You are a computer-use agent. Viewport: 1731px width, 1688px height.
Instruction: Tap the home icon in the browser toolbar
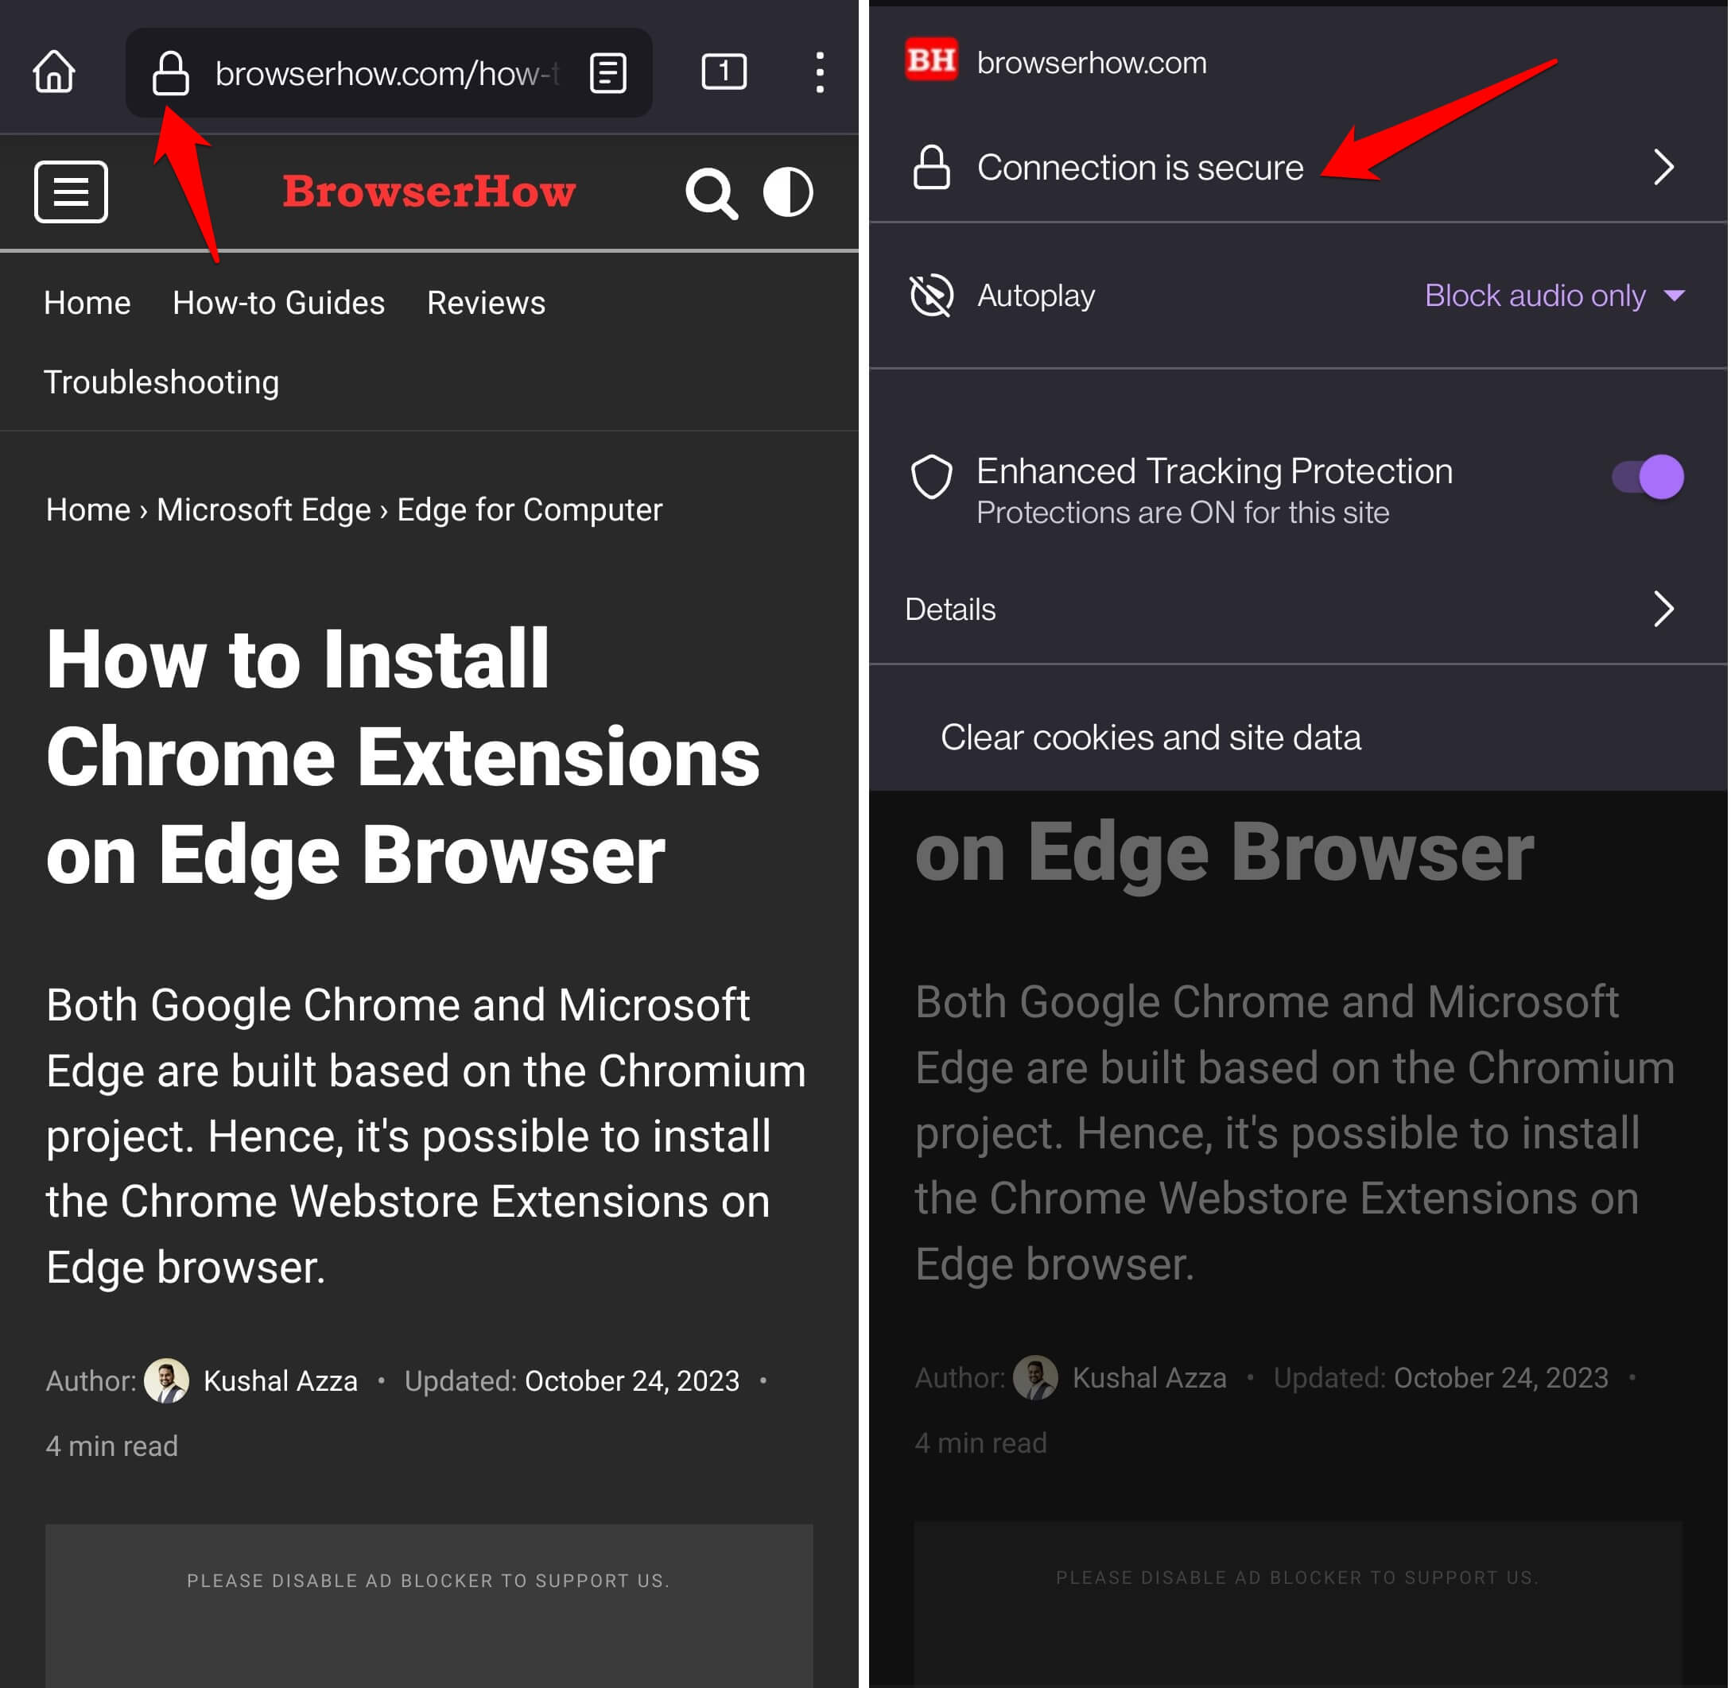click(54, 72)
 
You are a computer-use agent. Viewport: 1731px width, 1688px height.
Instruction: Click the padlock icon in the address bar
click(170, 72)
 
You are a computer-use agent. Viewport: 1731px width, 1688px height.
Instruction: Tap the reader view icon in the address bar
click(608, 72)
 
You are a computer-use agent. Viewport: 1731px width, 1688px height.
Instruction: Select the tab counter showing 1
click(724, 72)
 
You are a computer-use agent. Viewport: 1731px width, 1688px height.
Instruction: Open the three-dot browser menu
click(820, 72)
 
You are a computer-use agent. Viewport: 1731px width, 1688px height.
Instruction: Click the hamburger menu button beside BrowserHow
click(71, 192)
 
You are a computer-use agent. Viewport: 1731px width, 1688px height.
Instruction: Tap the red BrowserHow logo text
click(429, 192)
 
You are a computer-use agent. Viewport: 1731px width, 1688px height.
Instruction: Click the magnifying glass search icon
click(711, 192)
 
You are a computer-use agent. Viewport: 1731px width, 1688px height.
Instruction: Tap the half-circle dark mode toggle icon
click(787, 192)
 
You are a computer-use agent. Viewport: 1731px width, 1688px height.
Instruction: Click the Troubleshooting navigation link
click(161, 382)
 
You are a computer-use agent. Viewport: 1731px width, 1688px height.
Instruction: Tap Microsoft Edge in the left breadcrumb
click(263, 509)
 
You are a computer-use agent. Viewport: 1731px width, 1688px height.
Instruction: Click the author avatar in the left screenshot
click(166, 1380)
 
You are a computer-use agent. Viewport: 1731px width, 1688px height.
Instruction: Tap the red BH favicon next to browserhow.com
click(930, 61)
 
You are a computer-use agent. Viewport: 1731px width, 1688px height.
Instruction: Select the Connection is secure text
click(1139, 168)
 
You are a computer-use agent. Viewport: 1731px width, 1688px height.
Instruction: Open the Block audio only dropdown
click(1552, 295)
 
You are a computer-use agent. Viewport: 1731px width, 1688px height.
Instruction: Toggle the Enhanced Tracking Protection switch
click(1648, 477)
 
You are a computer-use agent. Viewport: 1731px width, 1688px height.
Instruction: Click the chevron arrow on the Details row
click(1663, 609)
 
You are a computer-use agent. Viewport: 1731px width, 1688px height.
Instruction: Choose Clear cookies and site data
click(1151, 738)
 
